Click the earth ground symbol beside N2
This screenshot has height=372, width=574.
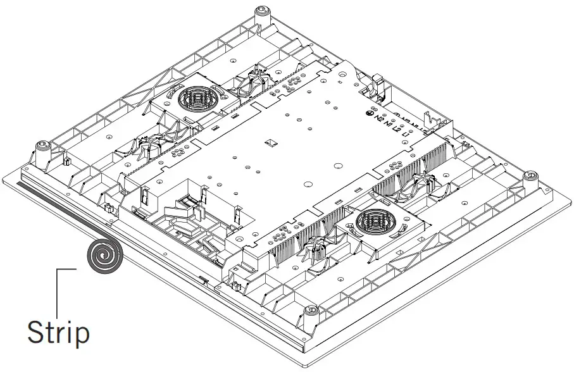pyautogui.click(x=371, y=114)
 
